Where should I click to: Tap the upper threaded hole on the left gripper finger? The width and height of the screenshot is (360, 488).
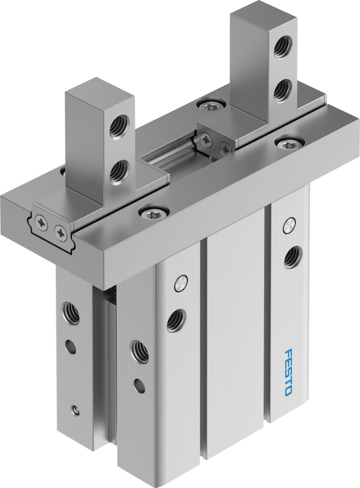point(119,125)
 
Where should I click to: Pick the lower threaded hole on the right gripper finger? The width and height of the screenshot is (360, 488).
point(283,90)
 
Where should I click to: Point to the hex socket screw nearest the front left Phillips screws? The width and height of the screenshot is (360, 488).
point(154,213)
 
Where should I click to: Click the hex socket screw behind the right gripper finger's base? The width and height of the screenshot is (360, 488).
point(212,106)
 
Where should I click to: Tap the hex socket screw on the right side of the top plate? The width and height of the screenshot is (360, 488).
point(289,144)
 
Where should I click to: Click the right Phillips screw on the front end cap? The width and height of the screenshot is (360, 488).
point(61,231)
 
